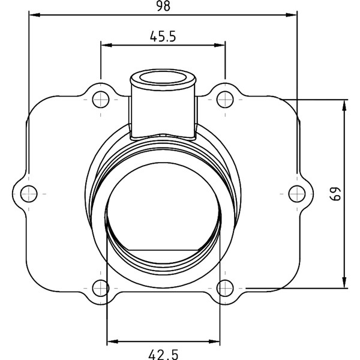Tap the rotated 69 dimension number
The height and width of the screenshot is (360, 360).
coord(336,193)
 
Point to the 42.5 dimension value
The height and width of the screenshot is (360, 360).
coord(163,354)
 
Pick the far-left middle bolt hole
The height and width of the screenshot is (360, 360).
coord(28,193)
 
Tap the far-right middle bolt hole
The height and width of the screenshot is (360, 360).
coord(296,193)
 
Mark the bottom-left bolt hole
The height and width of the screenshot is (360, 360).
coord(100,288)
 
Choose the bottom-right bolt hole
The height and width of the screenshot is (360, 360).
coord(224,288)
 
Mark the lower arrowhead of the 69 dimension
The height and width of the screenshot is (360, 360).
coord(344,284)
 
